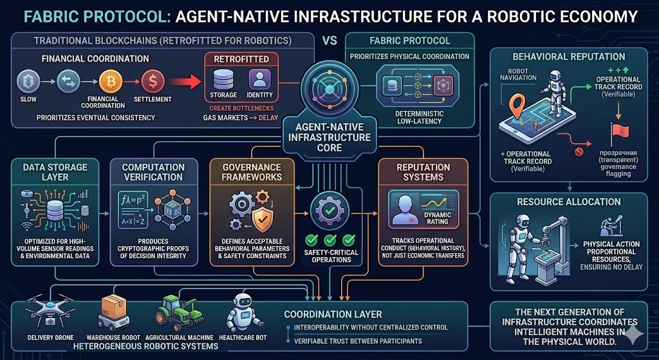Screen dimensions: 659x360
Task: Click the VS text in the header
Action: pos(329,39)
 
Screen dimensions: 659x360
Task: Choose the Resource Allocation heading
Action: pos(568,202)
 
